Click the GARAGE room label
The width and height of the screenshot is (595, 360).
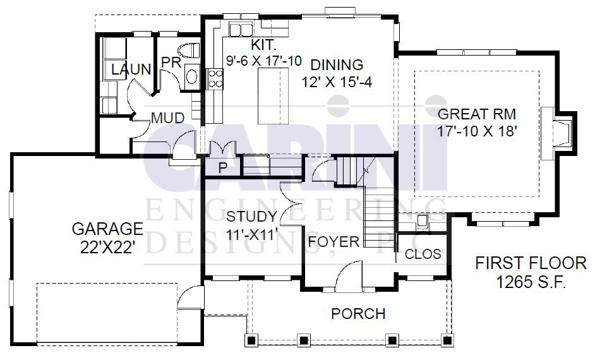(x=107, y=229)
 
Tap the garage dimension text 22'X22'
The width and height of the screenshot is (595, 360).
(x=108, y=248)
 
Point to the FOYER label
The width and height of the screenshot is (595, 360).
(x=334, y=242)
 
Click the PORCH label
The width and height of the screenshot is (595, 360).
(x=358, y=314)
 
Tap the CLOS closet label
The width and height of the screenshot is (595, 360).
(x=423, y=254)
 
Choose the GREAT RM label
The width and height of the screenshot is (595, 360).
(x=477, y=114)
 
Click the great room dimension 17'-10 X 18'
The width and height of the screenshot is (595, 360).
(x=478, y=131)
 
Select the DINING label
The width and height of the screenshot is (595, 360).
(x=337, y=65)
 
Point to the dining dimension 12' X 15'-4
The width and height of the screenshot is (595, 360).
(x=337, y=82)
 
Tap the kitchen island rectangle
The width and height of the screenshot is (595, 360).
(x=273, y=96)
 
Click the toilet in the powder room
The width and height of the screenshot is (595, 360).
(x=189, y=50)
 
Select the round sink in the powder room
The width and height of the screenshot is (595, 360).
(x=191, y=77)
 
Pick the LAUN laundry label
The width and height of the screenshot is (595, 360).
(x=131, y=69)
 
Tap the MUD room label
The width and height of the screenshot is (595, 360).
(x=168, y=118)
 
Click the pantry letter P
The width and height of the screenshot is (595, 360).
(x=223, y=168)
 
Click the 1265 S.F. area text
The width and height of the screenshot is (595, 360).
(x=531, y=282)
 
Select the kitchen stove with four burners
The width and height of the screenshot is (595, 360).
(x=215, y=78)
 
